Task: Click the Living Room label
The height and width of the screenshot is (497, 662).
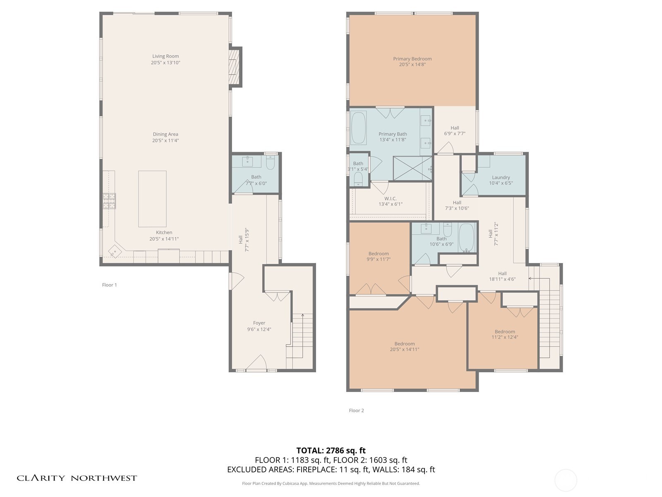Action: (x=165, y=56)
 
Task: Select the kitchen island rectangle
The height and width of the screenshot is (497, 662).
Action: (x=152, y=199)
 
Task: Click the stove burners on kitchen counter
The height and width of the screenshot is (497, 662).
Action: (x=109, y=201)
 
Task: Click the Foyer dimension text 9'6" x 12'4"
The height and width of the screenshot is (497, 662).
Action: (x=259, y=329)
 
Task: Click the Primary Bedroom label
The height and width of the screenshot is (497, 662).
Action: (x=412, y=59)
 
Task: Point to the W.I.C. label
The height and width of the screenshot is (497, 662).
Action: (x=390, y=199)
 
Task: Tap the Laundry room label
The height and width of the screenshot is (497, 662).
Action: (x=501, y=177)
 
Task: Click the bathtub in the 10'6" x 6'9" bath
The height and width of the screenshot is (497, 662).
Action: (x=467, y=238)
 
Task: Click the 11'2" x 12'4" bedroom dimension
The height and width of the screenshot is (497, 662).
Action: (x=505, y=337)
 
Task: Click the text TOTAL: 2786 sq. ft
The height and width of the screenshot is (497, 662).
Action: (x=331, y=451)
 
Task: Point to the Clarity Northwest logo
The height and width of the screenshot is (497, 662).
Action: (x=77, y=478)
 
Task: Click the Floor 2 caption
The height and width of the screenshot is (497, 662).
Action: (x=356, y=410)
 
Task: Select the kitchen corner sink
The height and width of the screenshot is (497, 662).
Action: (x=115, y=251)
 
